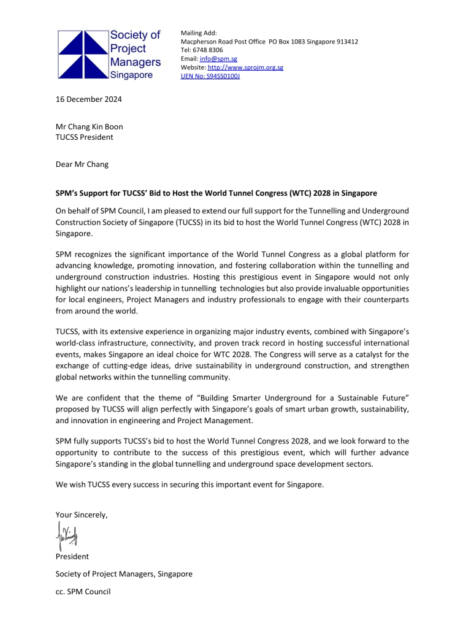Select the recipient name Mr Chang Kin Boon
89,127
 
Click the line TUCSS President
84,137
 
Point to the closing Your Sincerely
82,515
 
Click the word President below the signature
72,557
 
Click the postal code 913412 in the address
345,42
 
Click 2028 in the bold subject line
335,193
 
